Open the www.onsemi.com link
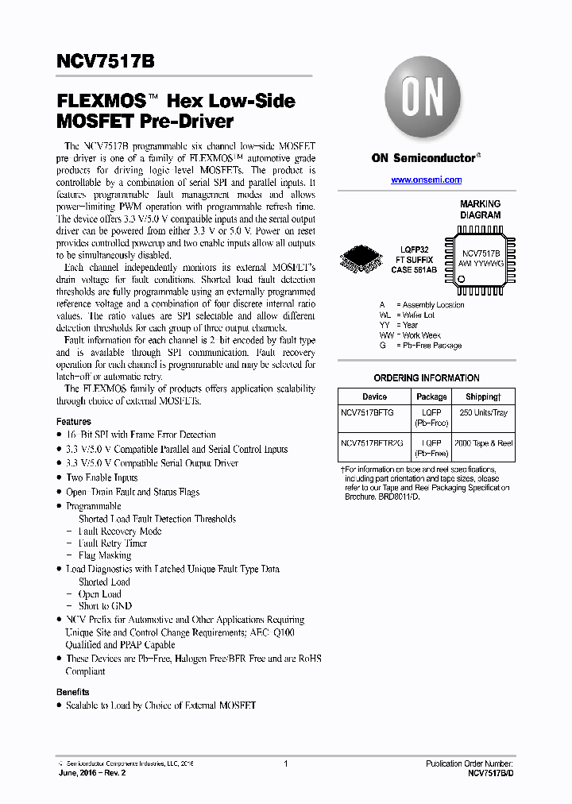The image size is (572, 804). [427, 180]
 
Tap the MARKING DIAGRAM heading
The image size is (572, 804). [480, 210]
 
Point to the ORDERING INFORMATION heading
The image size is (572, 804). [427, 378]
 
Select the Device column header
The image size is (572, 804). [374, 396]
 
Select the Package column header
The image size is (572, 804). [431, 396]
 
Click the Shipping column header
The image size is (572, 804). [483, 396]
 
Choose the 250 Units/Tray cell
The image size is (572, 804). [483, 413]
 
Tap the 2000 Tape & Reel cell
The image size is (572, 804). [483, 443]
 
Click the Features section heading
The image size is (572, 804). [74, 422]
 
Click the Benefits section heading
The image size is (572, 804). [73, 692]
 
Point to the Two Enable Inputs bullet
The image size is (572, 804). [102, 477]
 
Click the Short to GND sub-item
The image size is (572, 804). [105, 606]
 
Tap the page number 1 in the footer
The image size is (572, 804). [285, 763]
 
